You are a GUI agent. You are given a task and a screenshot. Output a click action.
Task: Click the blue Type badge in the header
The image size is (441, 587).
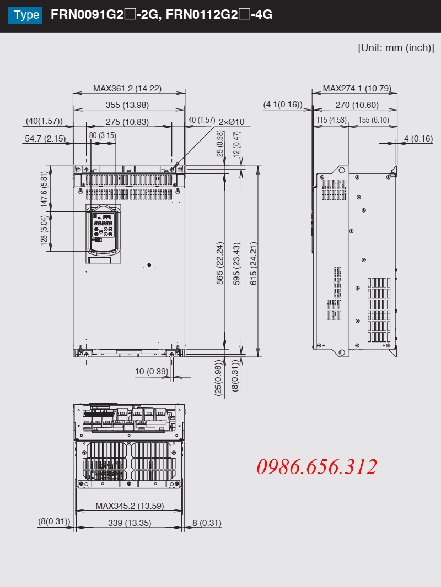point(25,15)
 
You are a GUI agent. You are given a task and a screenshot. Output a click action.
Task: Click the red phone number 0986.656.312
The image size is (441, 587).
point(316,467)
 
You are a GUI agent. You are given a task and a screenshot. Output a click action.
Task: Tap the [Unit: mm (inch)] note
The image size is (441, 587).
point(396,48)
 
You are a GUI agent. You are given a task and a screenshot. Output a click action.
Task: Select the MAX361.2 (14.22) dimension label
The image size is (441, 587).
point(127,88)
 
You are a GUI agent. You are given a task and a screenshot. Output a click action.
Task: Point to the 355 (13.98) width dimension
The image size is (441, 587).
point(127,105)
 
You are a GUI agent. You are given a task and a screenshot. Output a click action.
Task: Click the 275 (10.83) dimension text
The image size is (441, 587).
point(127,122)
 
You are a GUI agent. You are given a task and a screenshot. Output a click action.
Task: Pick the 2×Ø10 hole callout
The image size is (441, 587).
point(231,122)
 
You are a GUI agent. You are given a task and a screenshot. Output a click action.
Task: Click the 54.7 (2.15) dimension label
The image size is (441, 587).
point(45,139)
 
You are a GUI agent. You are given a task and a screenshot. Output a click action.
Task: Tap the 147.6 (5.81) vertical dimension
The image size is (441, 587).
point(44,189)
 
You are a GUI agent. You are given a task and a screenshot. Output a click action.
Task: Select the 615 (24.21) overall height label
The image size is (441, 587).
point(254,264)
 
